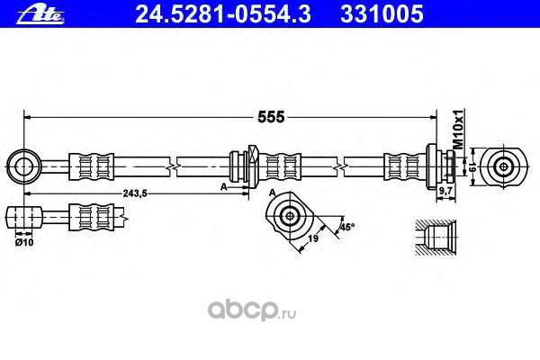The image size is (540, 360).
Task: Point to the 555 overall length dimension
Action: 272,117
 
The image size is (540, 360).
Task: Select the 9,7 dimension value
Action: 445,192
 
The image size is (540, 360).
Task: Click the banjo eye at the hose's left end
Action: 22,166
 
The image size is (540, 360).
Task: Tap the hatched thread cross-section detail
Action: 441,240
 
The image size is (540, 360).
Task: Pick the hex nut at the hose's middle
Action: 249,166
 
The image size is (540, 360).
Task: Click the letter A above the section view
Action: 271,193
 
